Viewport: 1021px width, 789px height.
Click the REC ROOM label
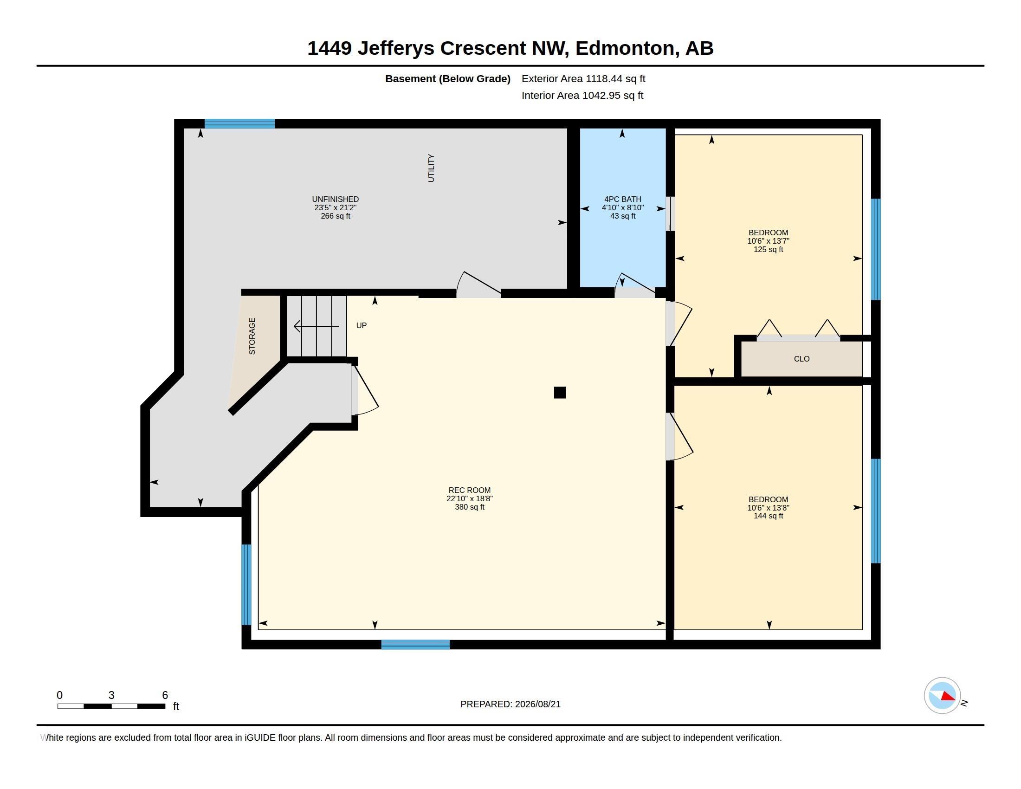[469, 490]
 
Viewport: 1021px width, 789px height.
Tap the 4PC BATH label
[623, 199]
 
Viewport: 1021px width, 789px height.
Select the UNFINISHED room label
[335, 199]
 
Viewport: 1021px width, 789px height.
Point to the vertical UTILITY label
[431, 168]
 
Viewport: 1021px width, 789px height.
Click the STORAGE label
[252, 336]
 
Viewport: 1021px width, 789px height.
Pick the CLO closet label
[802, 359]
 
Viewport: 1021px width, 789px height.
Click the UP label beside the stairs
[362, 325]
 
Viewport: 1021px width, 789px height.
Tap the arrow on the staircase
[316, 326]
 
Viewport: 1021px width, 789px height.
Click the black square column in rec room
[560, 392]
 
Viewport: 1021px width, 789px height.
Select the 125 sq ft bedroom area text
[768, 250]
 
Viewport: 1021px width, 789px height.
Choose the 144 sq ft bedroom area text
[768, 516]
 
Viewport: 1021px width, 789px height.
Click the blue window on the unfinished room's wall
[239, 123]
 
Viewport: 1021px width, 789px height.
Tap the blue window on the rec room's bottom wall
[416, 645]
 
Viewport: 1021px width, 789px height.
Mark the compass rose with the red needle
[942, 696]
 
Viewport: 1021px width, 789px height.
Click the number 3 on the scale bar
[111, 695]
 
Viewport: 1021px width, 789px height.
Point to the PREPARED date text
[510, 704]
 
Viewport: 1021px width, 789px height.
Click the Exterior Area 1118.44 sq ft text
[583, 78]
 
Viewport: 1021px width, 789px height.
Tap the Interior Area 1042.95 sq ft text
[582, 95]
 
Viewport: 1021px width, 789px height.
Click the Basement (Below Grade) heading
[448, 79]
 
